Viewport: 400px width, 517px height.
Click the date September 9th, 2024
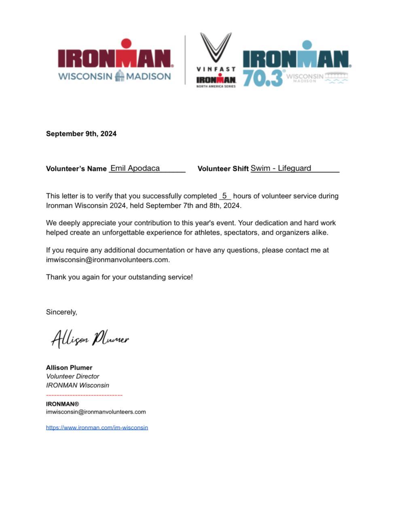(x=81, y=134)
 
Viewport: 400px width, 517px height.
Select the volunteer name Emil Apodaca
(x=135, y=168)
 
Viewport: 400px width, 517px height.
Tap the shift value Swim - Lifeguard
(x=281, y=168)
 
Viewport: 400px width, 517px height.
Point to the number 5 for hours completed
(x=224, y=196)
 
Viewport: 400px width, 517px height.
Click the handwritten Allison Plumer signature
(x=90, y=338)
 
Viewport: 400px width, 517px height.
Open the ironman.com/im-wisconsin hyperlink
(x=97, y=427)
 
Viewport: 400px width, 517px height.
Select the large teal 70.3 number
(x=262, y=78)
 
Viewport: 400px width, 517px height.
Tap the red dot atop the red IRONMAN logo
(x=126, y=43)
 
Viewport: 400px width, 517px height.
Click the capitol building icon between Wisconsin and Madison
(x=119, y=76)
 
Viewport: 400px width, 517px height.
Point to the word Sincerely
(x=61, y=312)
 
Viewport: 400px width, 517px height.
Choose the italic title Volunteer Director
(x=73, y=376)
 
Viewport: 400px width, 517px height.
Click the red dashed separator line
(x=84, y=395)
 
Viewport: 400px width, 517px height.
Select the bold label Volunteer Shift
(x=223, y=169)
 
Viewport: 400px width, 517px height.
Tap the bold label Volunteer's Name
(x=76, y=169)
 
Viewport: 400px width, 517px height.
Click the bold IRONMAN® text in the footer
(x=62, y=404)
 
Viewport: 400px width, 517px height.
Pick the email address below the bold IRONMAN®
(x=96, y=412)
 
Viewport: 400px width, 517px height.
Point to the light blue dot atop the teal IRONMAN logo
(x=307, y=44)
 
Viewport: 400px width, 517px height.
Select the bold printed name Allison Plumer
(x=69, y=368)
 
